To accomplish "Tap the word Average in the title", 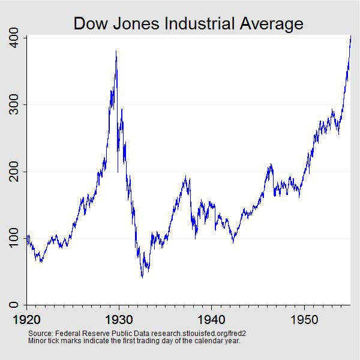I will (271, 23).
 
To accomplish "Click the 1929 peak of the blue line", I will (116, 52).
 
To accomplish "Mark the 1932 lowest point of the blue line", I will (142, 277).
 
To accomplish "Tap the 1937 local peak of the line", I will (186, 177).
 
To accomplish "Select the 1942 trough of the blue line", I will (233, 242).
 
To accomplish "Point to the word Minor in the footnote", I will (37, 341).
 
